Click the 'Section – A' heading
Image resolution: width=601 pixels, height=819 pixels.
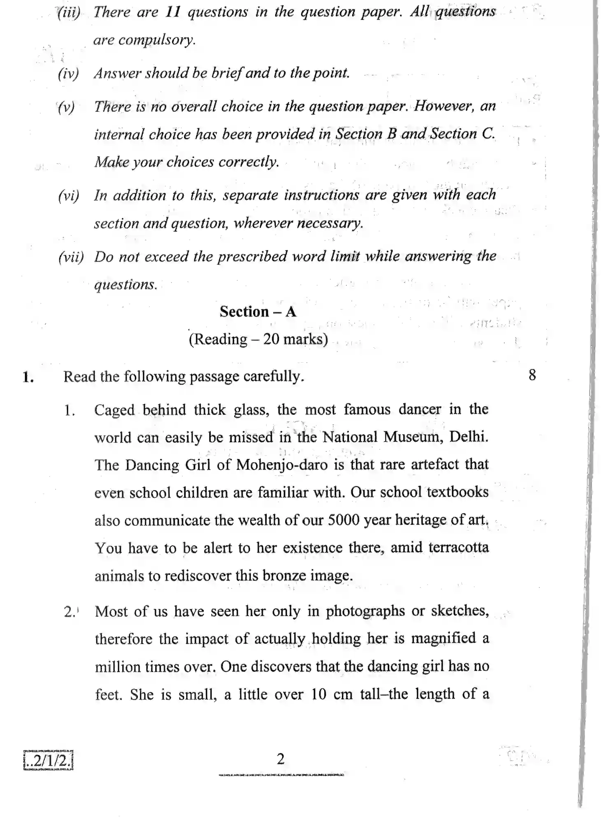point(258,312)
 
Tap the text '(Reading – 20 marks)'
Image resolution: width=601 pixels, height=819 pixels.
point(258,339)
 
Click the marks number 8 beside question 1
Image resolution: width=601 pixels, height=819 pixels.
point(532,375)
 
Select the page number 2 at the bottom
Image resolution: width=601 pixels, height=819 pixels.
point(280,759)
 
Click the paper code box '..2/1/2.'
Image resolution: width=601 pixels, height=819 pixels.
point(48,760)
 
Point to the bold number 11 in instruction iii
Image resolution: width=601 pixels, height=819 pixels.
point(173,12)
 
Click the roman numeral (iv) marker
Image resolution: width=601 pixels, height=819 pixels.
point(68,74)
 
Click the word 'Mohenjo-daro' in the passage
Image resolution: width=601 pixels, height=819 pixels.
point(282,465)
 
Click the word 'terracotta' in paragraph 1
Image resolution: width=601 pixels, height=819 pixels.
point(458,548)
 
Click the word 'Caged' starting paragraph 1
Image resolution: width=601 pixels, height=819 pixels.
point(114,410)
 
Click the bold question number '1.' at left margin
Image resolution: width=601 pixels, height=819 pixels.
point(28,377)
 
